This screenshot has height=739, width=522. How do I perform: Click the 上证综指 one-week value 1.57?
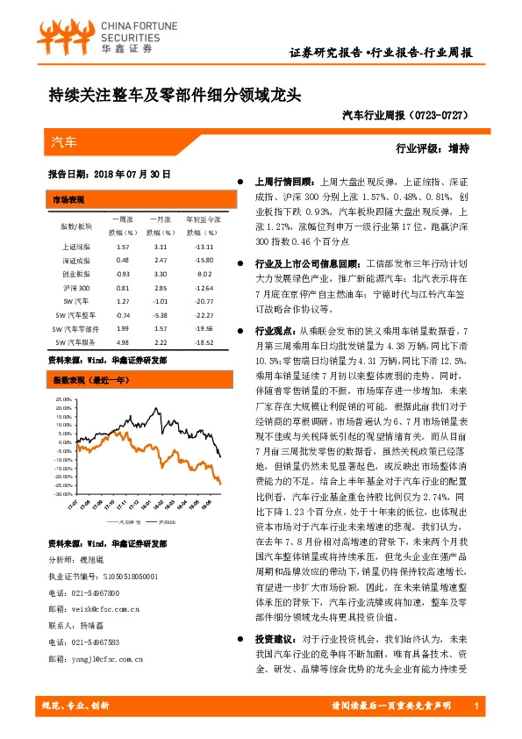pos(122,248)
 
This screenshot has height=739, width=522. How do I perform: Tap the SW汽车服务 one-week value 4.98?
pos(122,341)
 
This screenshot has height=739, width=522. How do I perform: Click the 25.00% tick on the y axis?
pos(63,398)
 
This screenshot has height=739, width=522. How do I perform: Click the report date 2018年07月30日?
pos(132,174)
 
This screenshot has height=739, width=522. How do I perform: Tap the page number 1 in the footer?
pos(474,707)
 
